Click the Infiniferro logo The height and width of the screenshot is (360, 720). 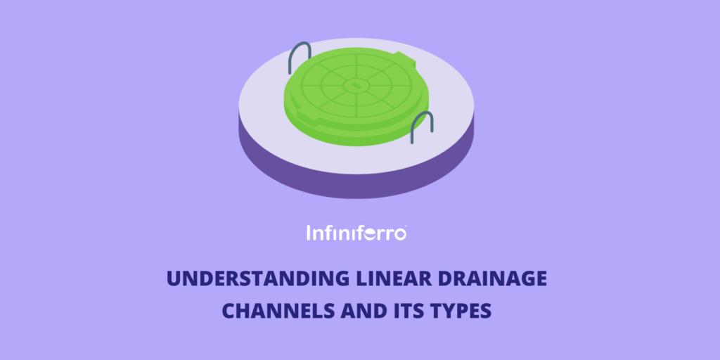356,232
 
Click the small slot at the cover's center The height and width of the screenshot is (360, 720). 355,85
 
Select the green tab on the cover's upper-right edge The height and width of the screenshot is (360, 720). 406,59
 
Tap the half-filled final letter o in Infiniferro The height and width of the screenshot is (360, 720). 399,235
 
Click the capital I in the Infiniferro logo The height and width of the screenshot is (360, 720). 309,233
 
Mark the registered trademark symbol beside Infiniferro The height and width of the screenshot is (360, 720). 404,226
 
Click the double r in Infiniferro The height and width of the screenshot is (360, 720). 382,235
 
